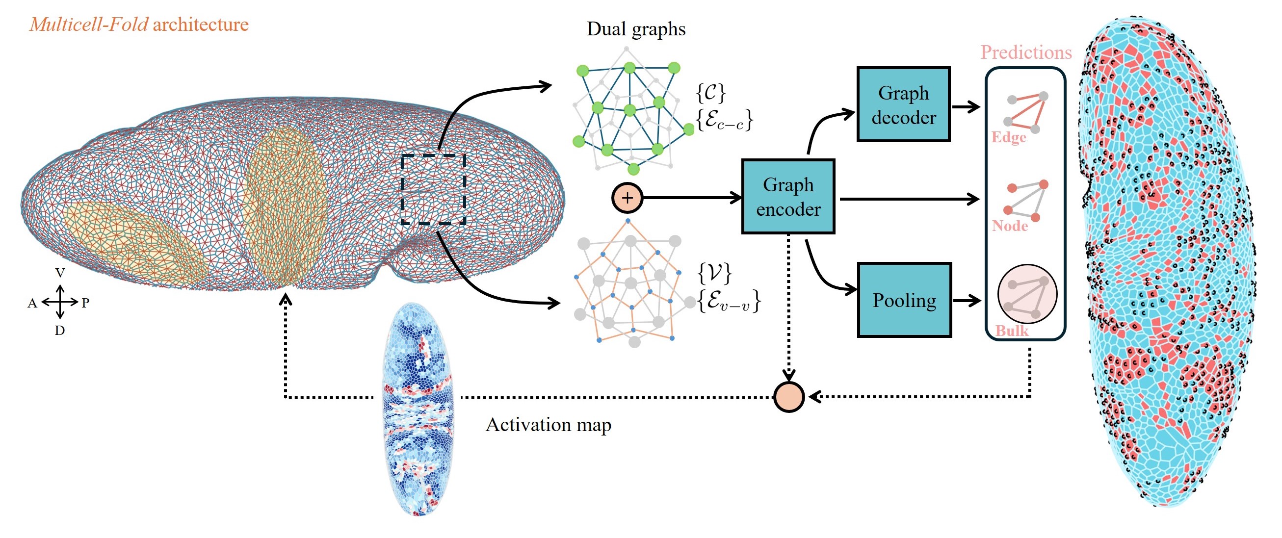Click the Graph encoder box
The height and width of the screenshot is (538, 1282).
pos(788,197)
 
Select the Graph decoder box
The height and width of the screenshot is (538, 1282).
pos(903,104)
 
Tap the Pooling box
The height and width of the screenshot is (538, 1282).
pos(904,300)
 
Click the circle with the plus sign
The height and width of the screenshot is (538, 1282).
pos(627,198)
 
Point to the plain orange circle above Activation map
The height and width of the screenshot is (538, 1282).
pos(789,397)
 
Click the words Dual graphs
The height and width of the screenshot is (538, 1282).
pos(636,29)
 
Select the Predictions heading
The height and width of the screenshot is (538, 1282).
pos(1026,52)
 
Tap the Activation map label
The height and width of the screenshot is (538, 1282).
pos(548,425)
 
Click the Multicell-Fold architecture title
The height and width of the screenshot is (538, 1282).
pos(139,24)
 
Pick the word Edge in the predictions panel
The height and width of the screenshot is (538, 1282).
pos(1008,137)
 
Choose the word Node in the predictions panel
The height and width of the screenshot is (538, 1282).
pos(1010,226)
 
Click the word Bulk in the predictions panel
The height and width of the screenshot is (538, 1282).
pos(1012,331)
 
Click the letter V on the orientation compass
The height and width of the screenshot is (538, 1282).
pos(60,273)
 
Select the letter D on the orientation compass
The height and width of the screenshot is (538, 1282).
pos(60,331)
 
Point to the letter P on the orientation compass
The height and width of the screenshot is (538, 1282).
pos(85,303)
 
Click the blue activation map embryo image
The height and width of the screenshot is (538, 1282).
pos(418,408)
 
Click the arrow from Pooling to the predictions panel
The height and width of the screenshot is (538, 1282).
pos(967,300)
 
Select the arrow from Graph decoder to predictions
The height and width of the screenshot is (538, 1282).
pos(966,106)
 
